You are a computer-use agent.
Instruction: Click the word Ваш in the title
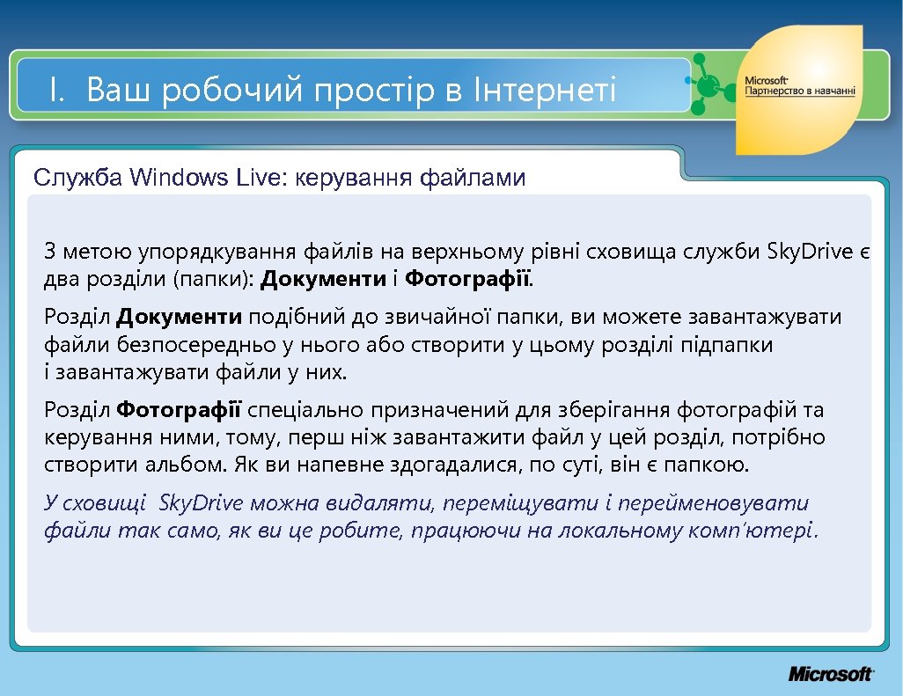tap(119, 90)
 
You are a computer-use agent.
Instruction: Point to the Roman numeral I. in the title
tap(59, 90)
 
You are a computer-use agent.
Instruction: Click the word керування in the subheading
tap(354, 179)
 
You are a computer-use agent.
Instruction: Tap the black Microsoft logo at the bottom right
tap(830, 674)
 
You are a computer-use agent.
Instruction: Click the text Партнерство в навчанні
tap(800, 92)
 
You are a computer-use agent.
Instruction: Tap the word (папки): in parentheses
tap(212, 281)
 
